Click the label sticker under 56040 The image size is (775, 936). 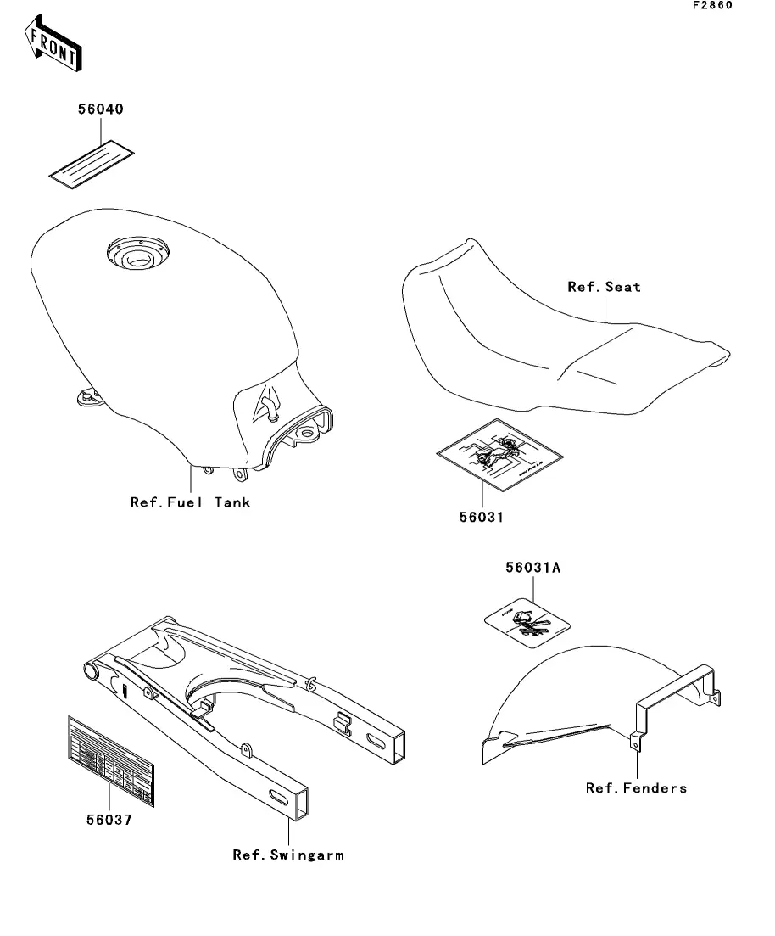[92, 162]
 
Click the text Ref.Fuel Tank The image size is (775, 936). [190, 502]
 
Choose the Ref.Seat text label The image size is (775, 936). [604, 287]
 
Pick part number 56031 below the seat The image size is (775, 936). [481, 517]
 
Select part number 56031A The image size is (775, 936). [533, 569]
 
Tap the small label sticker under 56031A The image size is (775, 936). [532, 626]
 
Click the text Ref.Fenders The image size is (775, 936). [636, 788]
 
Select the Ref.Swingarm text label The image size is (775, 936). [288, 855]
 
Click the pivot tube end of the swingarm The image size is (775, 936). [90, 673]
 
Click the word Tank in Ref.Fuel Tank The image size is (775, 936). [231, 502]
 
